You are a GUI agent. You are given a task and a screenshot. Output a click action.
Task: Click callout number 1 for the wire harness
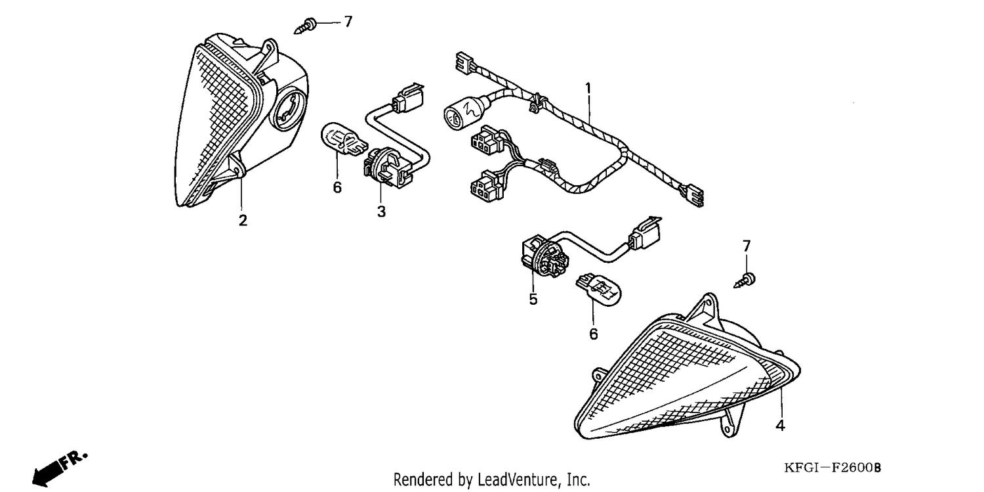tap(588, 89)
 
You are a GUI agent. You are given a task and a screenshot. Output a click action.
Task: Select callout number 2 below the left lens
tap(243, 220)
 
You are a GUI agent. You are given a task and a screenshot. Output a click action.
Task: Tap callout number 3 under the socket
tap(381, 212)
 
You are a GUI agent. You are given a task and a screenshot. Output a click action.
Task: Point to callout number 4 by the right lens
tap(780, 425)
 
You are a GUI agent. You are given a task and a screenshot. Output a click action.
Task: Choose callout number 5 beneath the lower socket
tap(533, 300)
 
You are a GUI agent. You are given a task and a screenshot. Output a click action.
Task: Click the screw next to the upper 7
tap(305, 26)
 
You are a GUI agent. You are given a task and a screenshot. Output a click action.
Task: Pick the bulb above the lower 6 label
tap(599, 289)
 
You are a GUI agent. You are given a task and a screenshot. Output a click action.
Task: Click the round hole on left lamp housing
tap(289, 112)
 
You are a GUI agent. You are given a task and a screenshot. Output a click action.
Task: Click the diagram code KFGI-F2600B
tap(832, 468)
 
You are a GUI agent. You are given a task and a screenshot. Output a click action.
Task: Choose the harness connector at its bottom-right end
tap(693, 195)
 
